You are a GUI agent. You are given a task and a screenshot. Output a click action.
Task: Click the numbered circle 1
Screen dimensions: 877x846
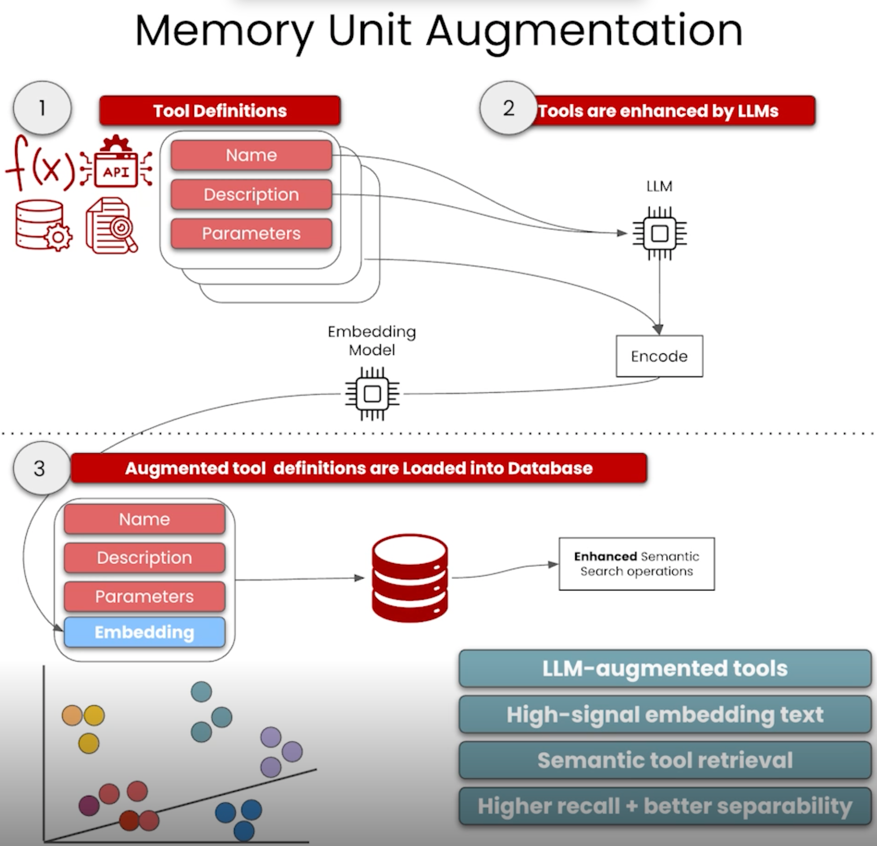(42, 108)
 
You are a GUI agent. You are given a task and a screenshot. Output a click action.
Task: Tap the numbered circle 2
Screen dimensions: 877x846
(508, 108)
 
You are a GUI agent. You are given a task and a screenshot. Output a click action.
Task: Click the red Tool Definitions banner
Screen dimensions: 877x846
(220, 110)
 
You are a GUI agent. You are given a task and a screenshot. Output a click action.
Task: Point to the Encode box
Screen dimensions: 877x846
(659, 356)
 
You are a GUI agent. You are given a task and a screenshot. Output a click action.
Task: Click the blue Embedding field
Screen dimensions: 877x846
(144, 632)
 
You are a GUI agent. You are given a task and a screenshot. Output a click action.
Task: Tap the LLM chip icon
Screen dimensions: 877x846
(660, 233)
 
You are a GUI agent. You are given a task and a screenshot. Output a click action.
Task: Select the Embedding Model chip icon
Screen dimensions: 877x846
(372, 394)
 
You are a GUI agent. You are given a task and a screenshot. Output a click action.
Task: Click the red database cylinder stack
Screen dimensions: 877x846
(410, 578)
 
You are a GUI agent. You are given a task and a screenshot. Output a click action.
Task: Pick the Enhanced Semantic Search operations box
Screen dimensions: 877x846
(636, 564)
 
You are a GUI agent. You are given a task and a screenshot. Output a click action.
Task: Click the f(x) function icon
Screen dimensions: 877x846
(40, 163)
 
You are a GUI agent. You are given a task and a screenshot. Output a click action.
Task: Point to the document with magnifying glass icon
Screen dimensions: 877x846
(111, 225)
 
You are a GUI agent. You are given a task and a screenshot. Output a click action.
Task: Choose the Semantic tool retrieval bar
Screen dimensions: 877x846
(665, 760)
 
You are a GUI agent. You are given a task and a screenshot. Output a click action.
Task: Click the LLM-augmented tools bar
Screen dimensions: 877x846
(665, 668)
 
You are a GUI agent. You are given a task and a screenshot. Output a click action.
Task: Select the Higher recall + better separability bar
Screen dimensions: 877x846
(665, 806)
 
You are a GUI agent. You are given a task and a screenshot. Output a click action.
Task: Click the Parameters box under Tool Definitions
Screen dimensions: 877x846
(251, 233)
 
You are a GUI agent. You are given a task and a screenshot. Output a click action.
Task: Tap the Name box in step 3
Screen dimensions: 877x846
(144, 519)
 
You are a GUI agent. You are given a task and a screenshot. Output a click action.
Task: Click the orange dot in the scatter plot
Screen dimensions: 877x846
(72, 716)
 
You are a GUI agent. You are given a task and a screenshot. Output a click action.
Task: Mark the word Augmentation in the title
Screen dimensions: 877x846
(584, 31)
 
